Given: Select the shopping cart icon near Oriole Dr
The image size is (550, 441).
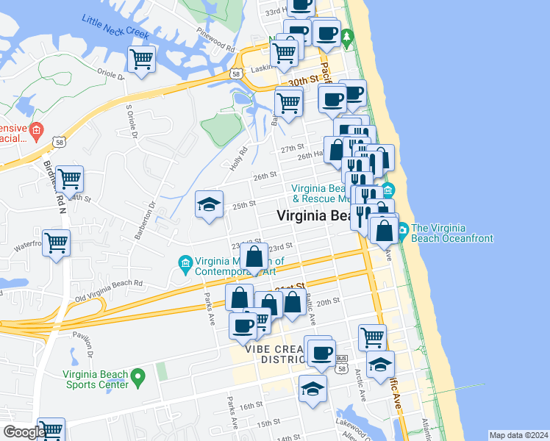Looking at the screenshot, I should [x=141, y=59].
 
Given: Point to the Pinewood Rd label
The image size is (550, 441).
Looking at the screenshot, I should [x=215, y=34].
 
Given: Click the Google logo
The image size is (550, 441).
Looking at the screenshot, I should [x=24, y=432].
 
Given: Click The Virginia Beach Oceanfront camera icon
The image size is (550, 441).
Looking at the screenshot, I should [x=404, y=233].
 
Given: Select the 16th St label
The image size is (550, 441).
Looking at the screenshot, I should [x=251, y=405].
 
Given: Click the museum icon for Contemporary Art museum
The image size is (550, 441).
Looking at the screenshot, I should [x=185, y=262].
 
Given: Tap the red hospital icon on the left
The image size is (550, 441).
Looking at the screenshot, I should [x=38, y=129].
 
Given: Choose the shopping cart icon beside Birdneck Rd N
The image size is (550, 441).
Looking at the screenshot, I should [x=69, y=178].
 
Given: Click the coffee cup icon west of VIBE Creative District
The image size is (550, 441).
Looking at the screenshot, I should [x=243, y=325].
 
